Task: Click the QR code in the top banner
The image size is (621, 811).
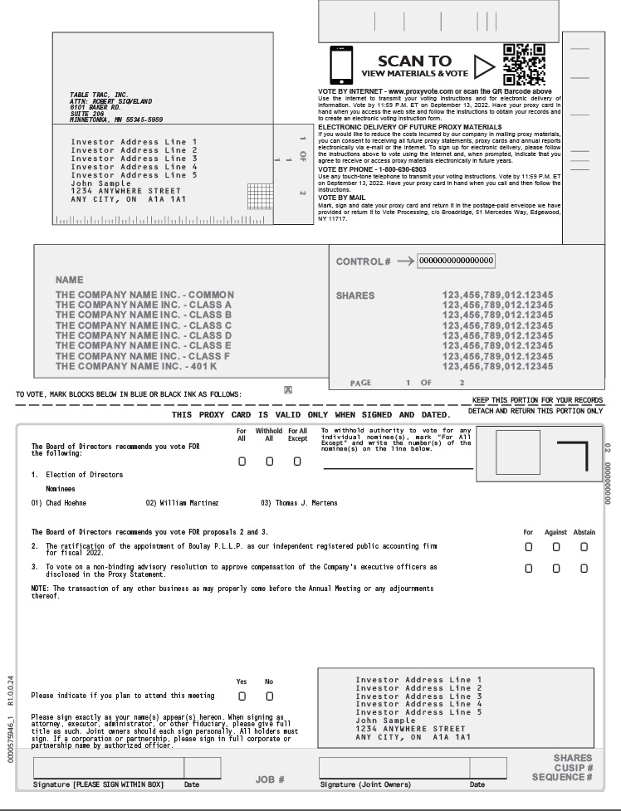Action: (524, 64)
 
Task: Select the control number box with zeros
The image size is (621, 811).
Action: (456, 261)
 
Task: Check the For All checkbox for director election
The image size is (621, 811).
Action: (242, 462)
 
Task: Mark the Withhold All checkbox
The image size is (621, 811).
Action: (269, 462)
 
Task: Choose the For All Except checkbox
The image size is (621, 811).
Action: (297, 462)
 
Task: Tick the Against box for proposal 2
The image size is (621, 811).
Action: (556, 547)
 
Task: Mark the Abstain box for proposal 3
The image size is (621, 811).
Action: (584, 568)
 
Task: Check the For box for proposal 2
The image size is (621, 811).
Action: (528, 547)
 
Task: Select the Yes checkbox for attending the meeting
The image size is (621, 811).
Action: (242, 695)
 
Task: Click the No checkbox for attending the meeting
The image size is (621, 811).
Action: (269, 695)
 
